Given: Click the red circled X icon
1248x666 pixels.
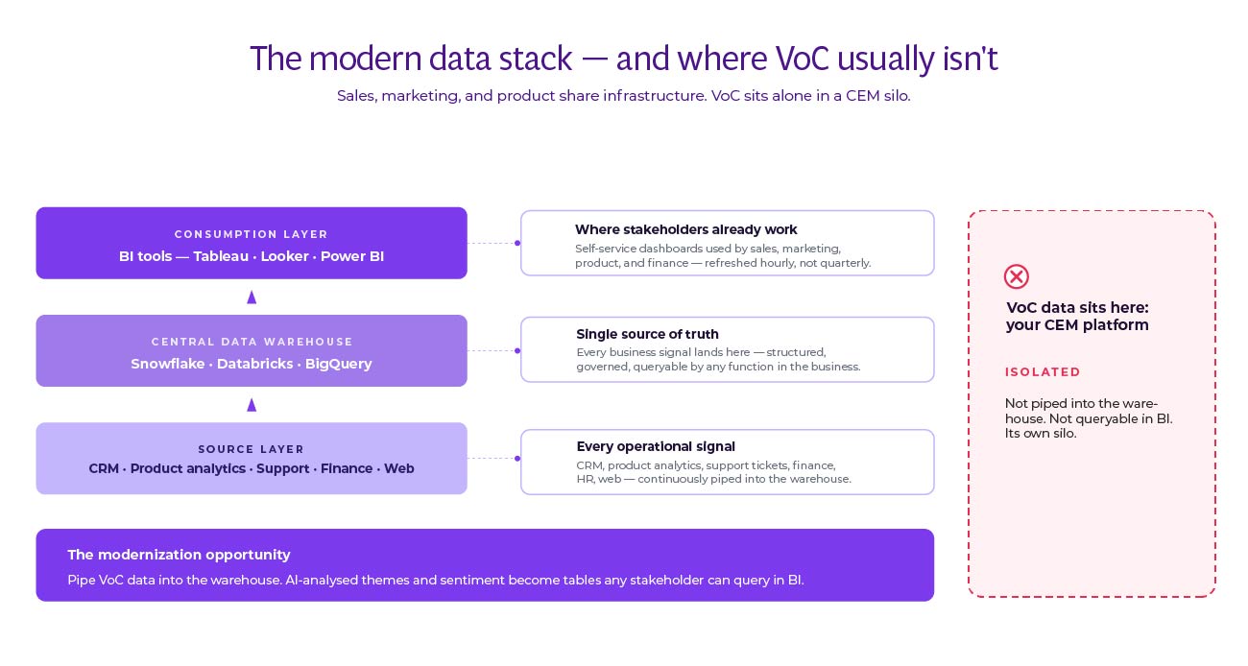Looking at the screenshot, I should click(x=1016, y=277).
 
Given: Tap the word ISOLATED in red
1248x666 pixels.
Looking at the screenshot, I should click(x=1043, y=372).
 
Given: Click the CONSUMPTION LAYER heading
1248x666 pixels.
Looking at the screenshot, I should click(x=252, y=234).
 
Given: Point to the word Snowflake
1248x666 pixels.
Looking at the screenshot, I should click(x=169, y=364).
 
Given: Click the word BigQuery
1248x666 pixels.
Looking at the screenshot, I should click(x=338, y=364).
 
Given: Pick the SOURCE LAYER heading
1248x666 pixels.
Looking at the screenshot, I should click(x=252, y=449).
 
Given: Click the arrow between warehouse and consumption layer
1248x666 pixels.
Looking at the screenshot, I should click(x=252, y=297).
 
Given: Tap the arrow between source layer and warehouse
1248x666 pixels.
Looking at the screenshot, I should click(x=252, y=405).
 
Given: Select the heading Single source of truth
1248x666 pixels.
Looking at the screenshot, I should click(x=647, y=335).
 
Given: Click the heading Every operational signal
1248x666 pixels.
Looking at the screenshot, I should click(x=656, y=446).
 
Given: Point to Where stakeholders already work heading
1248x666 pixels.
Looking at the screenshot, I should click(x=685, y=229).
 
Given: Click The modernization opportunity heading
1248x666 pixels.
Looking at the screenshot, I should click(x=179, y=555).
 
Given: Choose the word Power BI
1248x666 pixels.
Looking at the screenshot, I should click(x=352, y=256).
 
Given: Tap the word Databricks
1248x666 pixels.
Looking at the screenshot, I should click(x=255, y=364).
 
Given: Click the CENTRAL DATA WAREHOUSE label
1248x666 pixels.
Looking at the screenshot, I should click(x=252, y=342).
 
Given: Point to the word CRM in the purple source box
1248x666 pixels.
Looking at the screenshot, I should click(x=104, y=468).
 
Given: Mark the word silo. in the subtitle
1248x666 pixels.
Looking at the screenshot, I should click(x=892, y=96).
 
